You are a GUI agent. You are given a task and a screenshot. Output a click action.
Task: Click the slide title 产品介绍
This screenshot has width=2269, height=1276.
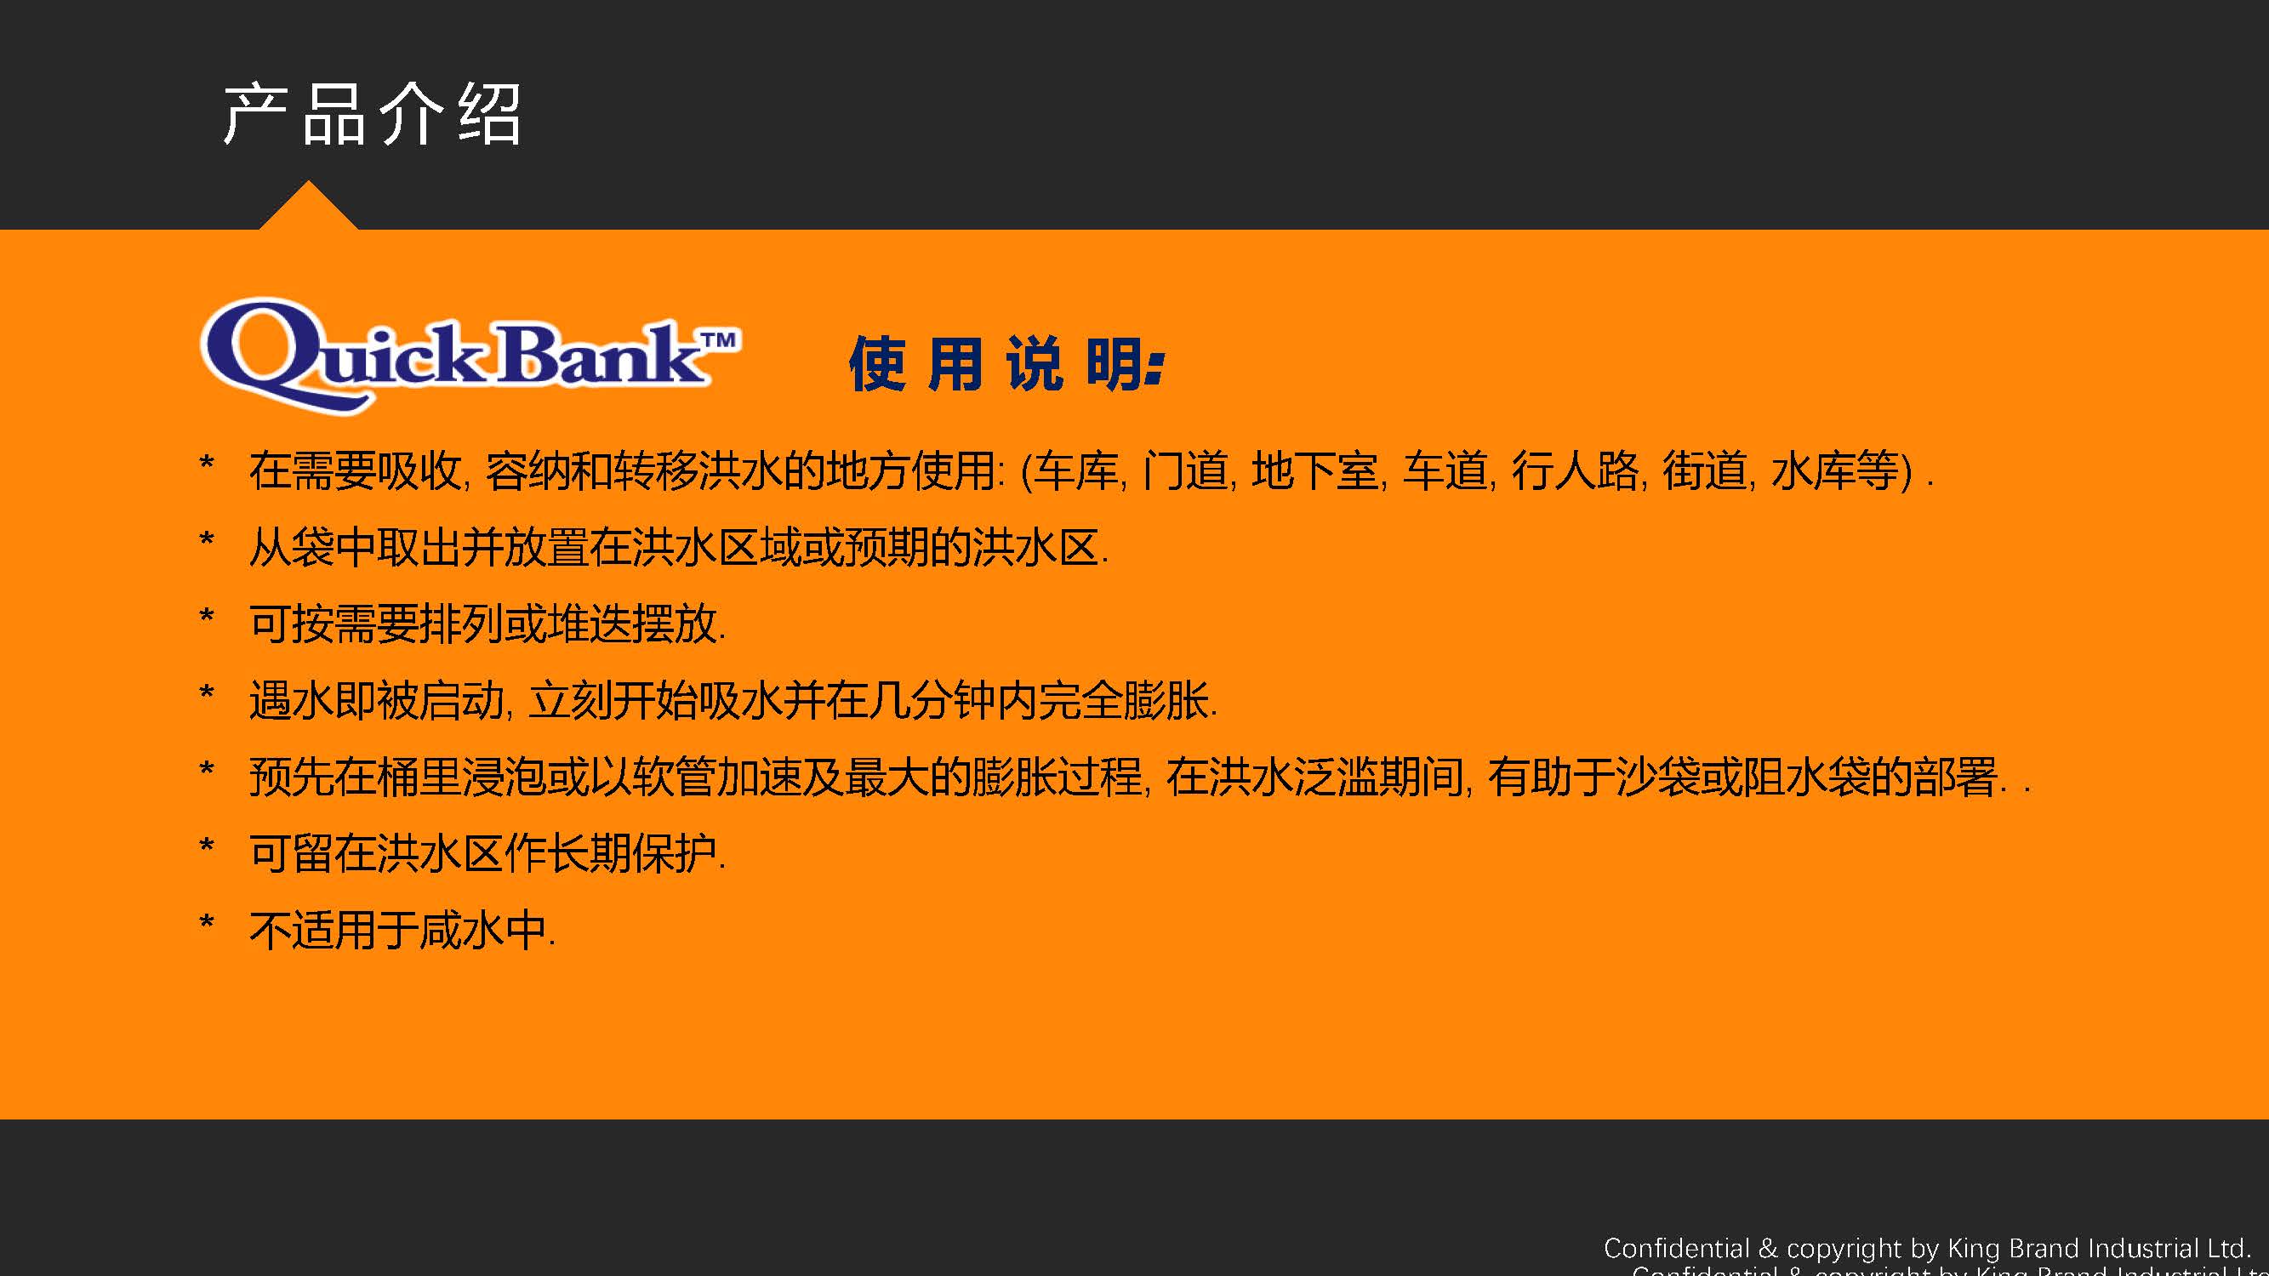[372, 115]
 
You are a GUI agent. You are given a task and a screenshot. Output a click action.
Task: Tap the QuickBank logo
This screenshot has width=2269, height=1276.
[470, 356]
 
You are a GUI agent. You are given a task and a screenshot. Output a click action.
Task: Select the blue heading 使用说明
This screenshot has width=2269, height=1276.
[1006, 363]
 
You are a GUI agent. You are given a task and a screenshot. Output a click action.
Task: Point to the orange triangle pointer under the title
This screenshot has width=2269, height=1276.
[308, 206]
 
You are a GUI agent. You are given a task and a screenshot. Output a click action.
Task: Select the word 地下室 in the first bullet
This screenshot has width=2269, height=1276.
[1315, 470]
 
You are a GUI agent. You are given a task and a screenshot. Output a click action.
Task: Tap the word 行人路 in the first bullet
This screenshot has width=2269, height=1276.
[1575, 470]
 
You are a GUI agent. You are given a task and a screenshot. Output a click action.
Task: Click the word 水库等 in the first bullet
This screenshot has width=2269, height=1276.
[1835, 470]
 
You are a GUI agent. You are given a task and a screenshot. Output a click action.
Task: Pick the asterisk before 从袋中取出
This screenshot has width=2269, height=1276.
[207, 539]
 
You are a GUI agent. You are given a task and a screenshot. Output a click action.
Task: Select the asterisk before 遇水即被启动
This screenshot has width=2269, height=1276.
[207, 692]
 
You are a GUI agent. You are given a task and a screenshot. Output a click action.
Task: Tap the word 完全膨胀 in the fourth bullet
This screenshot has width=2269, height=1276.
[1123, 700]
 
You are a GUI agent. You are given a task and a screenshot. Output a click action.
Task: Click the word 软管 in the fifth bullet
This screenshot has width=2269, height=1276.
[675, 777]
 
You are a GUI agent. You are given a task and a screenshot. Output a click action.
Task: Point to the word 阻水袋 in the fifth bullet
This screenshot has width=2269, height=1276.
[1805, 777]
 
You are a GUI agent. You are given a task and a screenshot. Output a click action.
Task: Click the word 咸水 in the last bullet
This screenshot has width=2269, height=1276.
[462, 930]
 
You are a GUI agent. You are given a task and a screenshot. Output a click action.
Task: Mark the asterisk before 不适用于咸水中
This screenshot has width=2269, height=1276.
[207, 922]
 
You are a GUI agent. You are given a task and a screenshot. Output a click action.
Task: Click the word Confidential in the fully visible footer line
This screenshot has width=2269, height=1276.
[1676, 1249]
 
